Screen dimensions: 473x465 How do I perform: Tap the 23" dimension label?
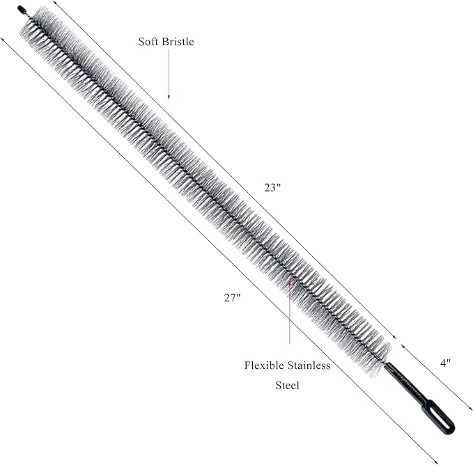(272, 188)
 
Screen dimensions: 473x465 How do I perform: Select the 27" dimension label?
(232, 298)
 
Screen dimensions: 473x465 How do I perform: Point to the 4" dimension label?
(445, 363)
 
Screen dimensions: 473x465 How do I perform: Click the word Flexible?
(264, 365)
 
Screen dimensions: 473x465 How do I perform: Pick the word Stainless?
(309, 365)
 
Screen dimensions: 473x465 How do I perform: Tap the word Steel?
(287, 385)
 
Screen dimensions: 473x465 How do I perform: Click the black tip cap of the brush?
(21, 8)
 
